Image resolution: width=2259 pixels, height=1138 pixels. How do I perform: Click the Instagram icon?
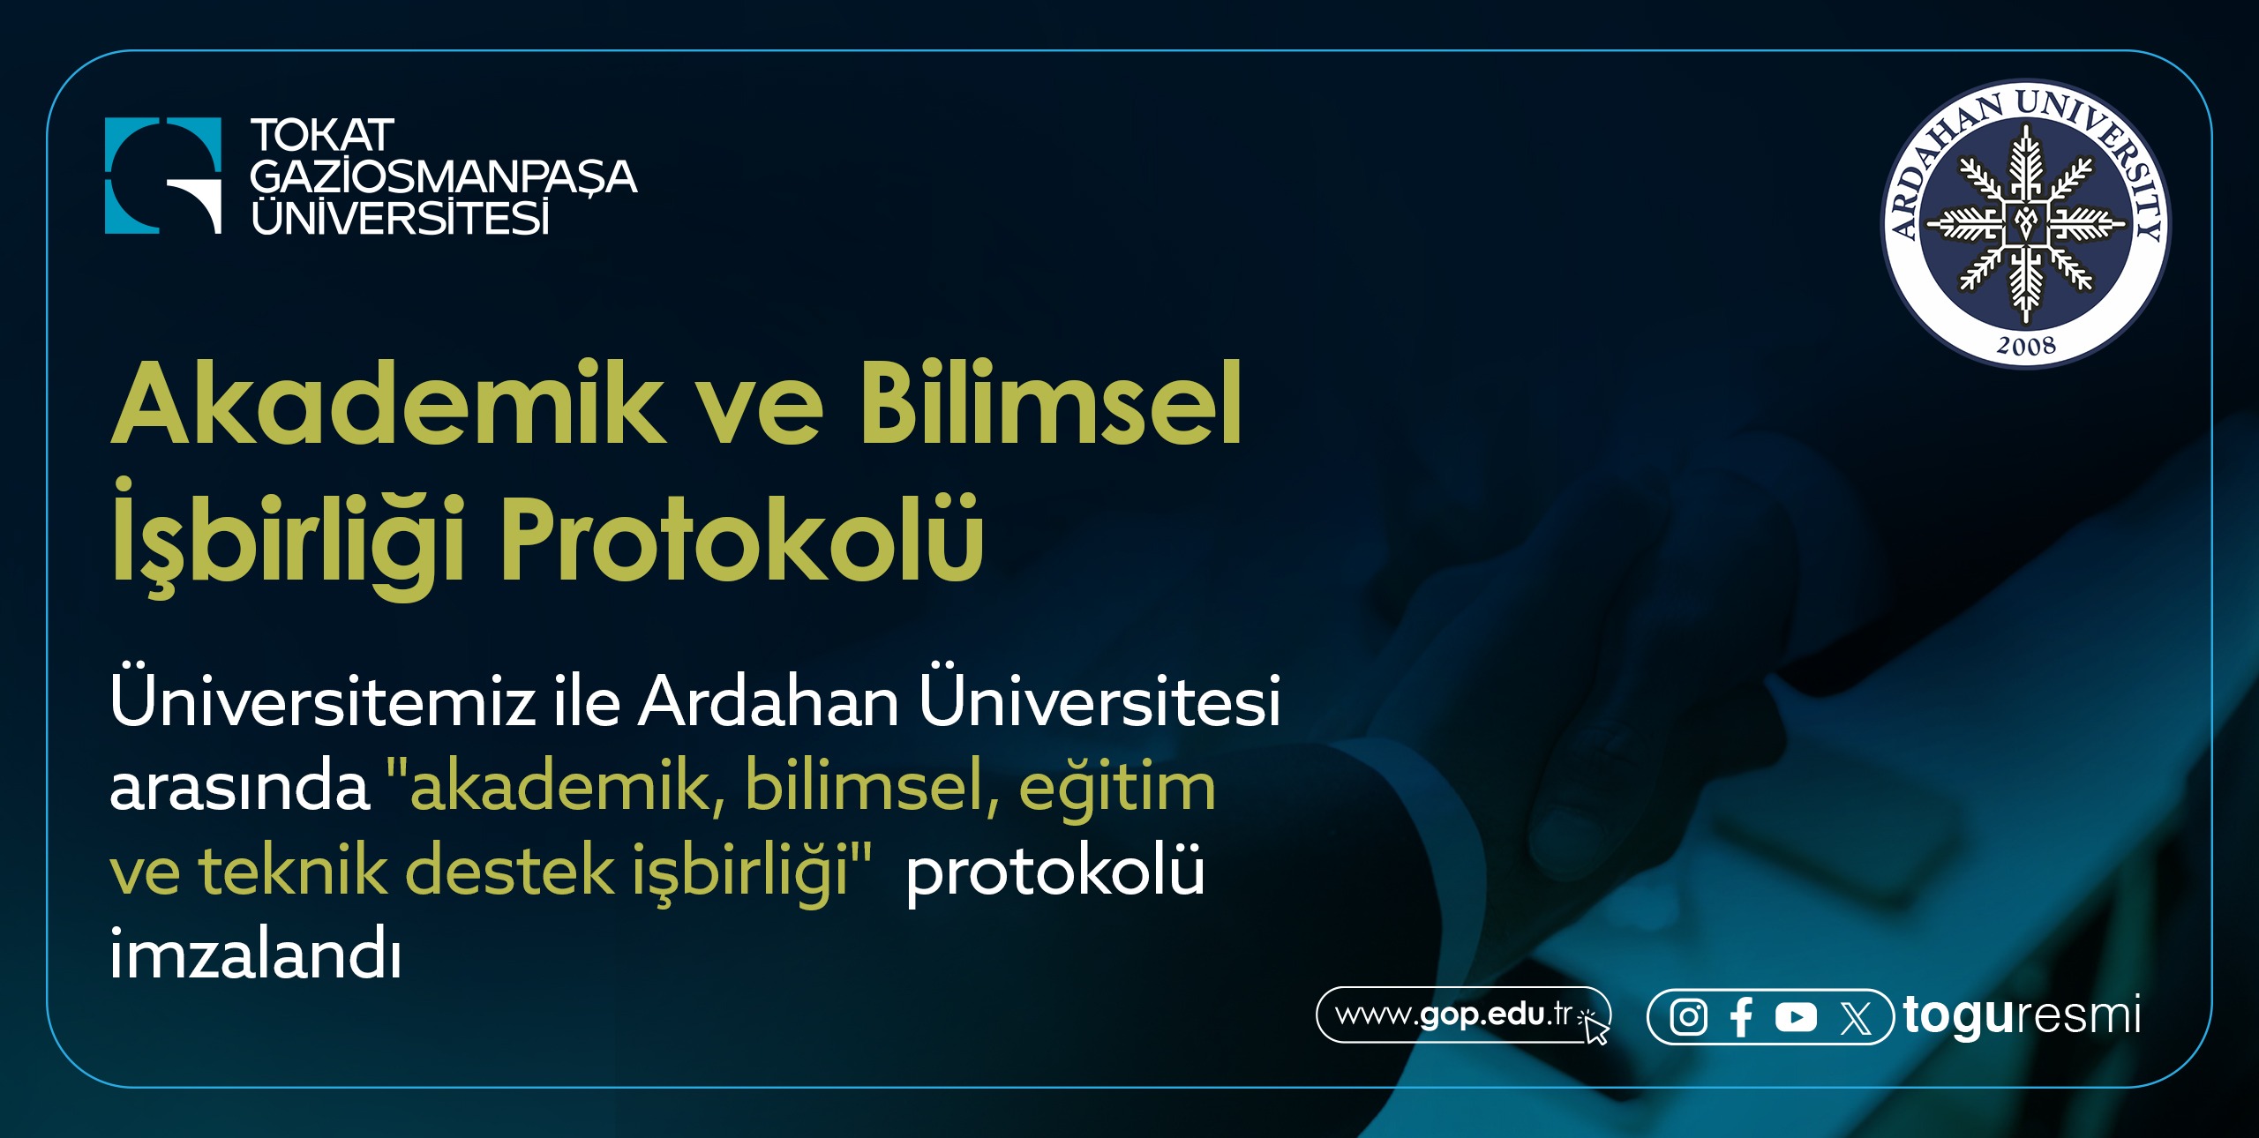[x=1688, y=1017]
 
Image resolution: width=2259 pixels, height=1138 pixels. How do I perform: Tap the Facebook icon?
[x=1741, y=1017]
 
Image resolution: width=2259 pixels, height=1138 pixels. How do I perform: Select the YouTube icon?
[x=1796, y=1017]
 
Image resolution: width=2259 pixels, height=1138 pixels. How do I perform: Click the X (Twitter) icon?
[x=1856, y=1018]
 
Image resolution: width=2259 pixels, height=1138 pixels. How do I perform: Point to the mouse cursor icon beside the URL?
[x=1595, y=1027]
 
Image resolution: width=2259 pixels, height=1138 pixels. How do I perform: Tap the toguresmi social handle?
[x=2022, y=1015]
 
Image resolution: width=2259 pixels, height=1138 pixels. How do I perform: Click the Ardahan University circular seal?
[x=2026, y=224]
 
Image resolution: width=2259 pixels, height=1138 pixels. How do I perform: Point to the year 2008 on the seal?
[x=2026, y=345]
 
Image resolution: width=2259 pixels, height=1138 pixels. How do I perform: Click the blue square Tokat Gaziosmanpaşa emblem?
[x=163, y=176]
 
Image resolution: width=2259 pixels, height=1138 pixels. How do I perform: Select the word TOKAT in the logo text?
[x=322, y=136]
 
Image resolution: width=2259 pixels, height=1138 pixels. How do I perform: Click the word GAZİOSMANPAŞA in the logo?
[x=443, y=176]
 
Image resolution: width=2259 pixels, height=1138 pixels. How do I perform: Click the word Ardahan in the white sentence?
[x=768, y=702]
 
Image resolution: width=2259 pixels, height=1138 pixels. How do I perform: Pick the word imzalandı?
[x=256, y=955]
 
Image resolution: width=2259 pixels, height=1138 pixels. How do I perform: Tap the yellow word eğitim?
[x=1117, y=787]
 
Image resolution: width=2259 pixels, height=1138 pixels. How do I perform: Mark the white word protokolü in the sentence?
[x=1055, y=872]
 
